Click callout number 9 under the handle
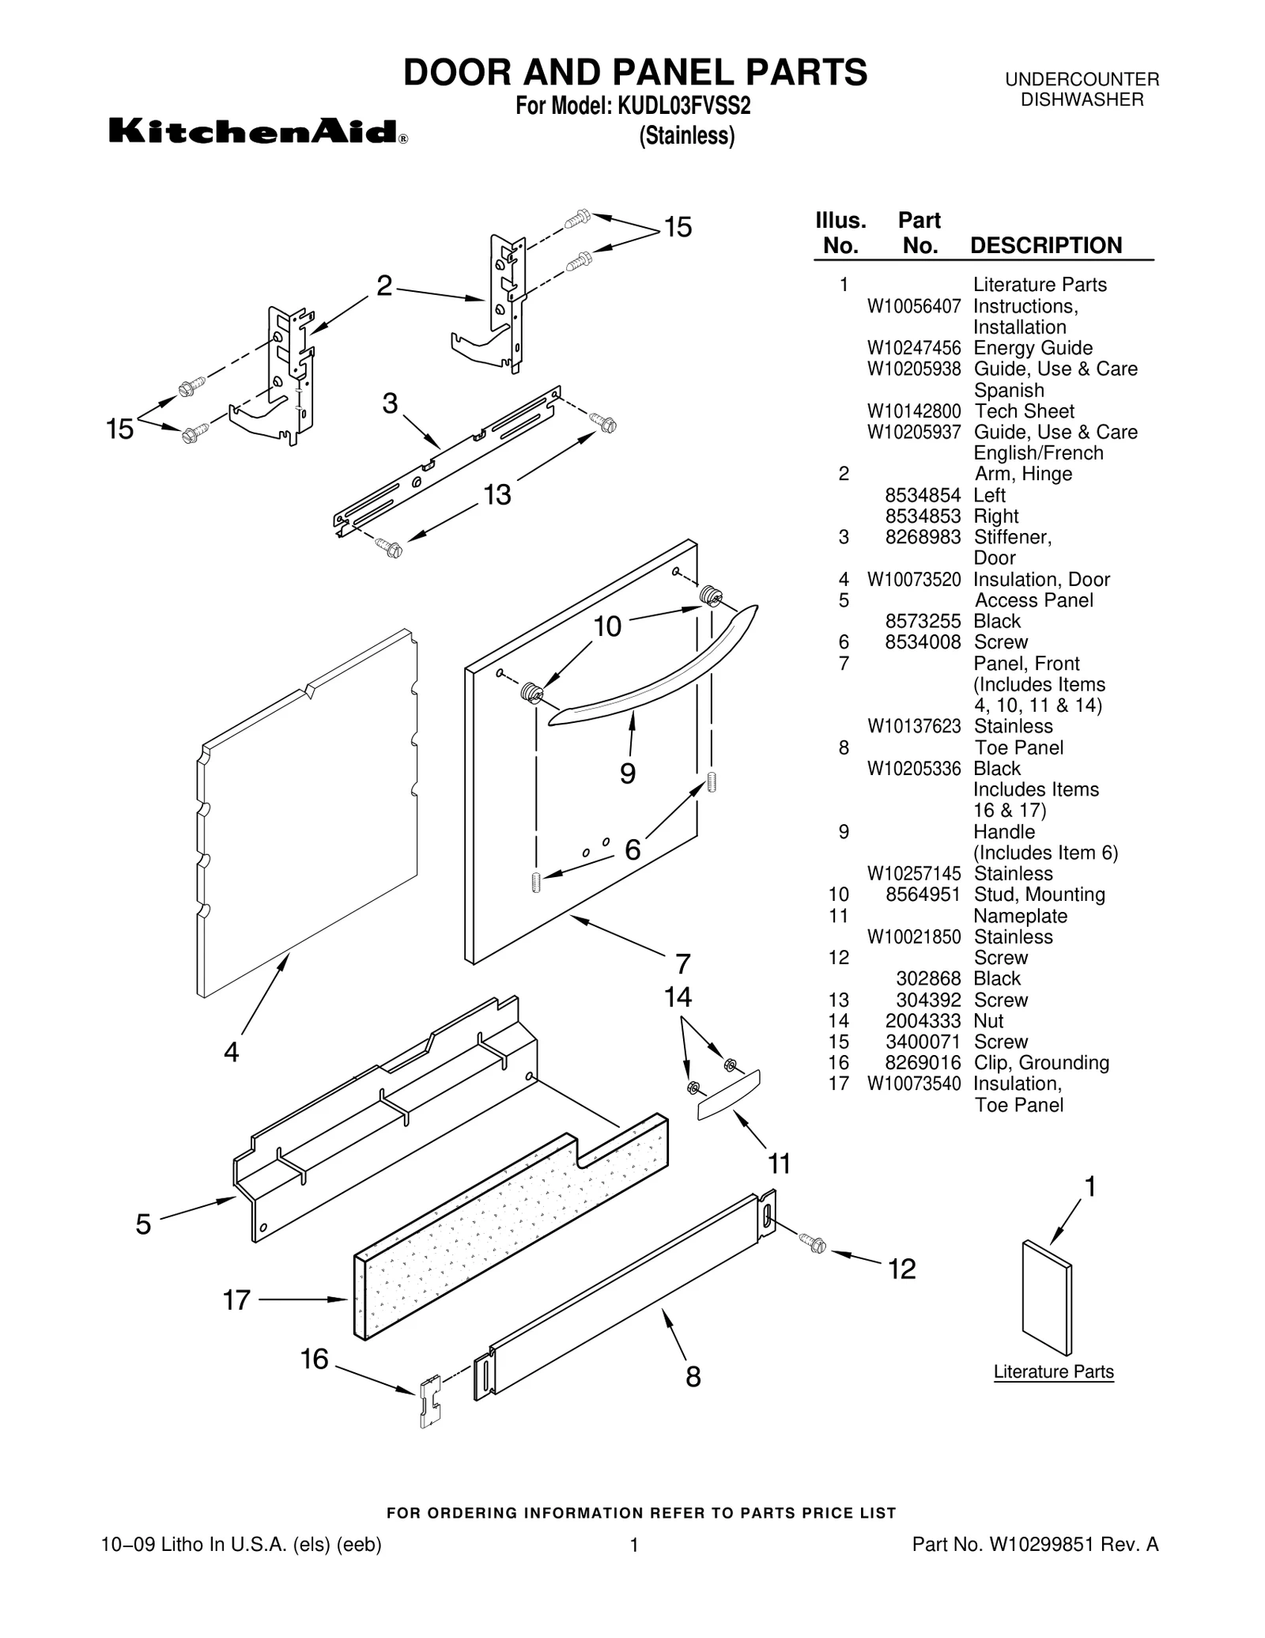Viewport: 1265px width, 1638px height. click(628, 773)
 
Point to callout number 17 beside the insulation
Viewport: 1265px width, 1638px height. click(236, 1299)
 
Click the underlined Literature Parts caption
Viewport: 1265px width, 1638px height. click(1053, 1371)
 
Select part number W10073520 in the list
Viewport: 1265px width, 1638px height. click(914, 580)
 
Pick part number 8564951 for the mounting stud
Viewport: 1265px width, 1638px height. click(923, 895)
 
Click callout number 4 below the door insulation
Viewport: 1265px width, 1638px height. click(231, 1052)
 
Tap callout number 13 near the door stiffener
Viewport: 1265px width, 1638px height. click(497, 495)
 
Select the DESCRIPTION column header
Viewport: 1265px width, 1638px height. click(1045, 245)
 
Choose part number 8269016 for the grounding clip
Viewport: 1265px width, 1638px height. click(923, 1063)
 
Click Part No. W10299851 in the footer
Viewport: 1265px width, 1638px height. click(1035, 1544)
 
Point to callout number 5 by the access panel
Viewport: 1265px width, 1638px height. click(143, 1224)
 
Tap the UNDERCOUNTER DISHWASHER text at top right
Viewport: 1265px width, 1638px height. click(1082, 89)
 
